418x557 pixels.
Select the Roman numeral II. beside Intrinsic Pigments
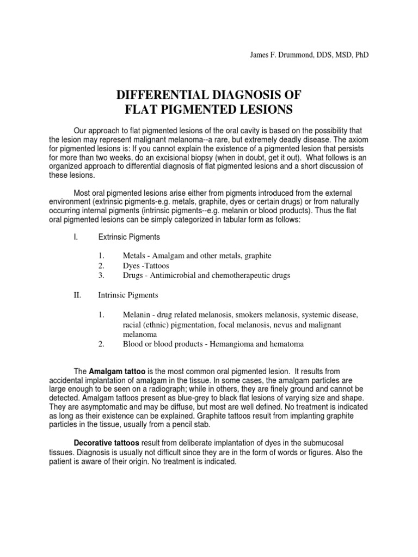77,295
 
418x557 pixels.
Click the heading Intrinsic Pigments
128,295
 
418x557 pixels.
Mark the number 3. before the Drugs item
101,275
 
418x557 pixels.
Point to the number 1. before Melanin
101,315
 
